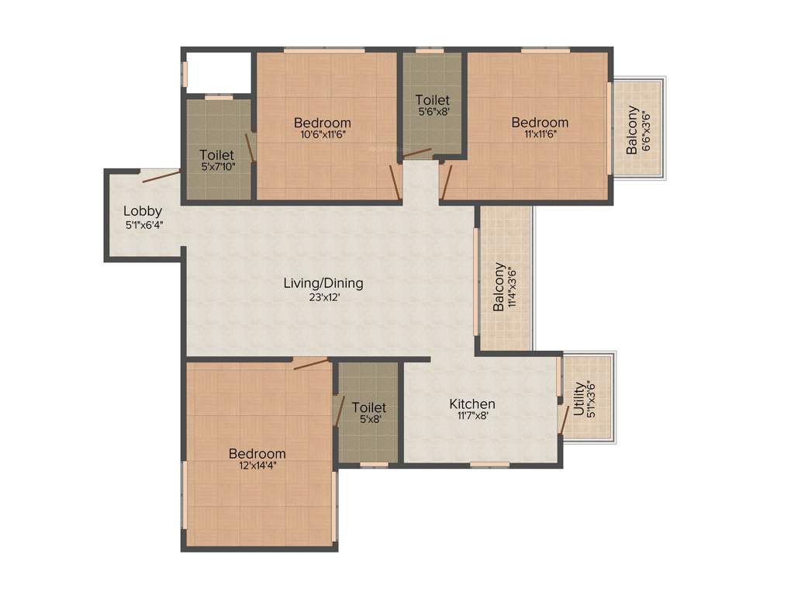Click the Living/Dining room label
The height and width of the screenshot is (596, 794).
click(x=323, y=283)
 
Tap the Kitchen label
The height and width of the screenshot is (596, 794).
click(x=472, y=404)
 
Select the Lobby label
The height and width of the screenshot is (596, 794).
click(x=143, y=210)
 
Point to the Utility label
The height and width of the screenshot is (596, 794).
click(x=579, y=397)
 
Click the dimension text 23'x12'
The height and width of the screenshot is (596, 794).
click(x=323, y=296)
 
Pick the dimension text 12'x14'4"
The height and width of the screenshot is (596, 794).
click(x=257, y=466)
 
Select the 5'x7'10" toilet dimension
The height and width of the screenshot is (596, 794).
click(x=216, y=167)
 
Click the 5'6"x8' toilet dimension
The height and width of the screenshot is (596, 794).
click(x=432, y=112)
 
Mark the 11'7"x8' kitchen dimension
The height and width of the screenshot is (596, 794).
click(x=472, y=416)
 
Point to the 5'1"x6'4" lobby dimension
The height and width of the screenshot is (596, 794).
click(x=143, y=224)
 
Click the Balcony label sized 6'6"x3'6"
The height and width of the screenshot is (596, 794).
click(x=633, y=129)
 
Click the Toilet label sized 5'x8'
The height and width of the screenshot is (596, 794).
click(x=368, y=407)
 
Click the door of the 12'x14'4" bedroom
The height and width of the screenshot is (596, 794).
click(x=310, y=363)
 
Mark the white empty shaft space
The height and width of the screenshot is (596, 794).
click(x=218, y=72)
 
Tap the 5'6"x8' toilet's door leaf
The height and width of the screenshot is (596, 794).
click(x=417, y=152)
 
